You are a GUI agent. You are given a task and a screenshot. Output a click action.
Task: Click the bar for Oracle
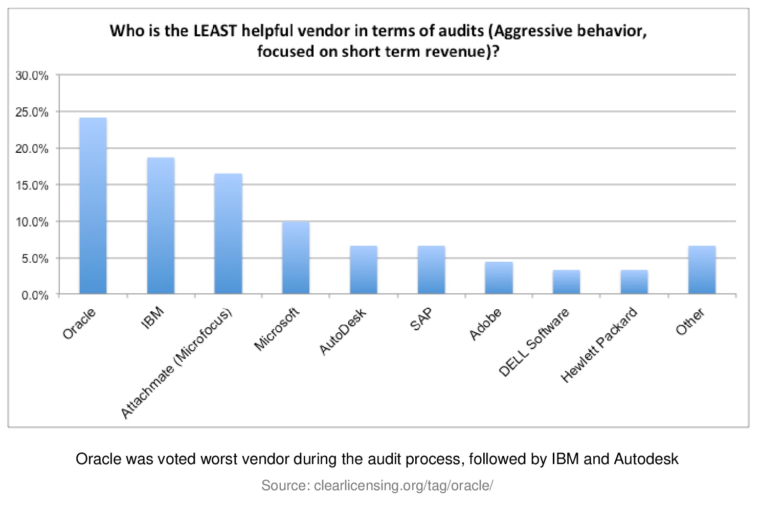tap(93, 205)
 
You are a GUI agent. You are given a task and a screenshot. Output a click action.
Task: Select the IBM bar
tap(161, 225)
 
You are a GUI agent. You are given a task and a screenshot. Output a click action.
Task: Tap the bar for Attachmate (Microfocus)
tap(228, 234)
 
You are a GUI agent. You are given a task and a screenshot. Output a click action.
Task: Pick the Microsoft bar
tap(296, 258)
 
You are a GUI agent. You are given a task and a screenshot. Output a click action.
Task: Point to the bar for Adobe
tap(499, 278)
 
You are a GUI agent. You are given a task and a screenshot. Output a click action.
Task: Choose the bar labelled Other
tap(702, 269)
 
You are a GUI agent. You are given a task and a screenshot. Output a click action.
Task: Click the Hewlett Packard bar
tap(634, 282)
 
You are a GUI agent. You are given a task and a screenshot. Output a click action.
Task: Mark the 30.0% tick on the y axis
tap(32, 76)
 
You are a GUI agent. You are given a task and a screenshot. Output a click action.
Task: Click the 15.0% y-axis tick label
tap(32, 186)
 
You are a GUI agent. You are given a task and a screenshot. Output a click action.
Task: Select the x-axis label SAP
tap(421, 319)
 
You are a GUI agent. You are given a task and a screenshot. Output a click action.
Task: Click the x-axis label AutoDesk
tap(343, 331)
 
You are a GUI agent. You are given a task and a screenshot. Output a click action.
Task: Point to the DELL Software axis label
tap(533, 342)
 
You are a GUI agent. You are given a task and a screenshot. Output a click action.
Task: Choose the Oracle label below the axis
tap(79, 324)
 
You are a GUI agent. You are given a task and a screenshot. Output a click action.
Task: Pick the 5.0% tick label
tap(35, 259)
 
